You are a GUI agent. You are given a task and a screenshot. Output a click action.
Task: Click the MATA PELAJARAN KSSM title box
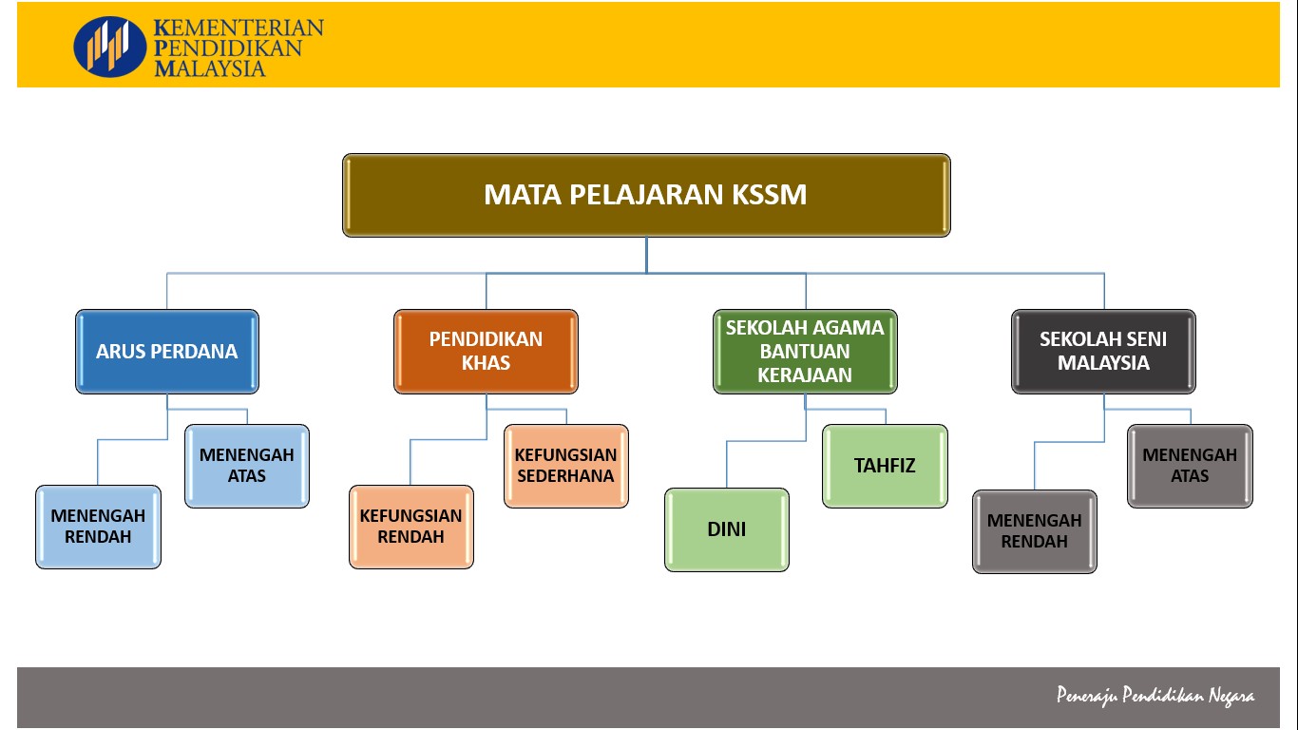coord(646,195)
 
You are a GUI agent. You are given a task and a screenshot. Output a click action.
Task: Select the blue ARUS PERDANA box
coord(166,351)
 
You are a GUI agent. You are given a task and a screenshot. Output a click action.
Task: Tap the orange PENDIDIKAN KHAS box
coord(486,351)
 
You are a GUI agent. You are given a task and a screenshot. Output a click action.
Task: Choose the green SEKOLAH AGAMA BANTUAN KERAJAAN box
coord(805,351)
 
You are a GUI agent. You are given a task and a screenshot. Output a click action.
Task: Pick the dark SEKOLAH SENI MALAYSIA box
coord(1103,351)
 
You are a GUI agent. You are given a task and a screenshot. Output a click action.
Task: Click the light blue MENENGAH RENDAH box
coord(98,527)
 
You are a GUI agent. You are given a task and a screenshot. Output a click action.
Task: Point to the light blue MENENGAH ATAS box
coord(247,466)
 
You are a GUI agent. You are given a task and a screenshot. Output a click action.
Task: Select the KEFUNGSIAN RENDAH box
coord(410,527)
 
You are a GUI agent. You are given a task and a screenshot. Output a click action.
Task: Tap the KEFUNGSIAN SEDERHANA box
coord(566,466)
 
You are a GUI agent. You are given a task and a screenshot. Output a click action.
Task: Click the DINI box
coord(727,529)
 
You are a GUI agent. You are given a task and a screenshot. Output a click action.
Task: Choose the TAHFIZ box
coord(885,466)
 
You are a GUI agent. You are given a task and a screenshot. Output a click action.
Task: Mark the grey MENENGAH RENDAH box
coord(1035,531)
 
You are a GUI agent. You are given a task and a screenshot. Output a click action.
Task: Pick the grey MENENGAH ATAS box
coord(1190,466)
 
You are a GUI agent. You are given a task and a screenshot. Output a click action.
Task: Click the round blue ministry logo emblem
coord(110,46)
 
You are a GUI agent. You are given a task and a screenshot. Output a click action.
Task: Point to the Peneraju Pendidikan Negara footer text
coord(1155,696)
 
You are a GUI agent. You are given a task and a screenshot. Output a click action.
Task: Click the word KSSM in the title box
coord(770,195)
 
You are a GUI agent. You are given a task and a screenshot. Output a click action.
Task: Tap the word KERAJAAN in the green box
coord(805,375)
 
